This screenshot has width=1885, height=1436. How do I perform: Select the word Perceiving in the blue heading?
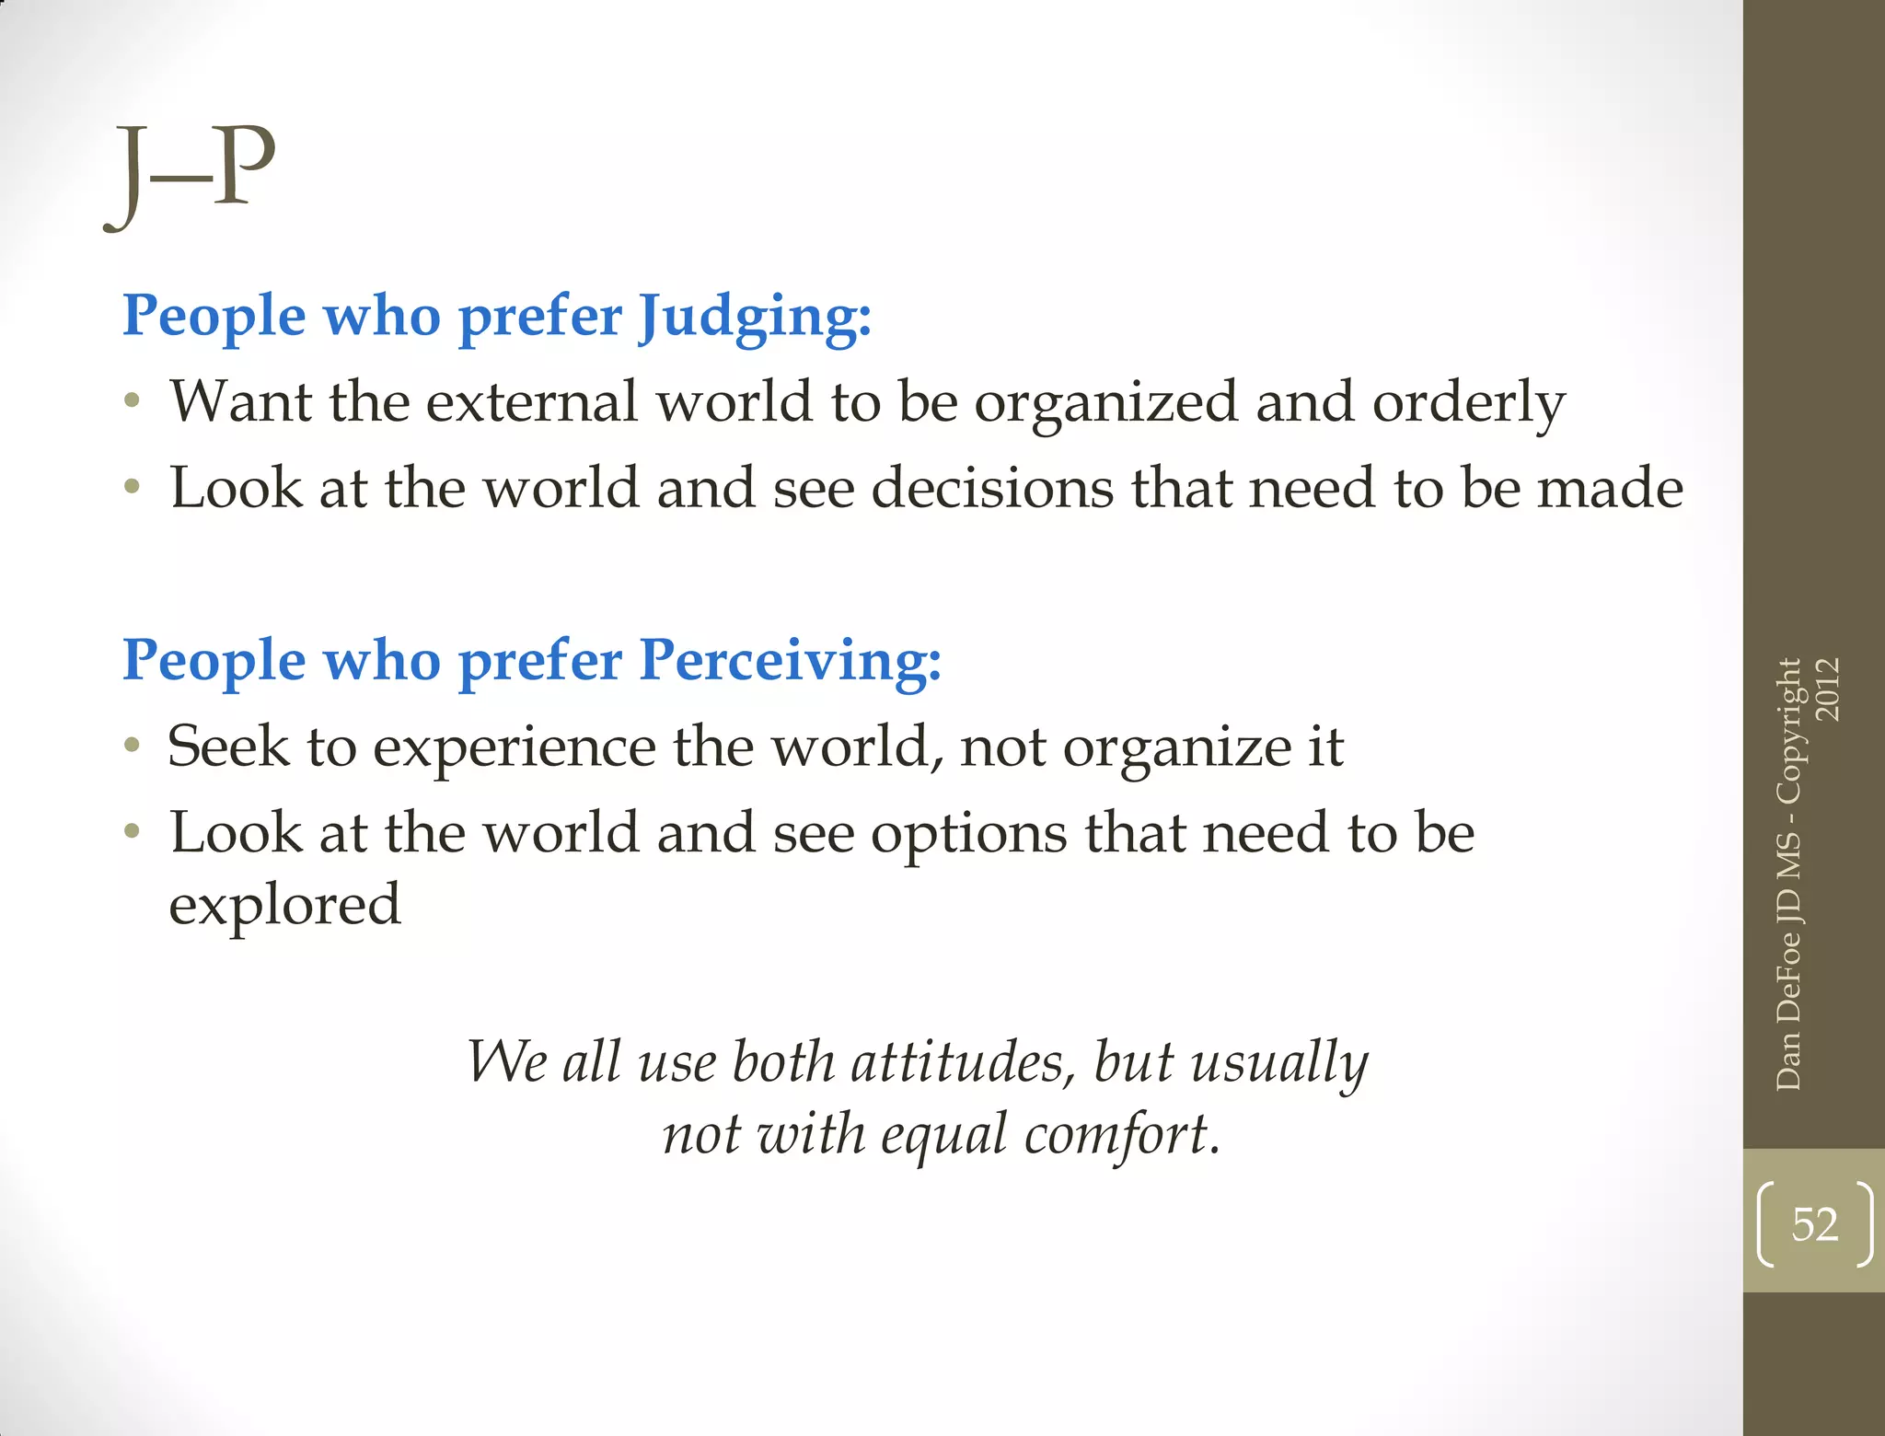pos(790,661)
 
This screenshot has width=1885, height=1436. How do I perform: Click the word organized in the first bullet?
pos(1105,403)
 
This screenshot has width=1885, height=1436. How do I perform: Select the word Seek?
pos(227,746)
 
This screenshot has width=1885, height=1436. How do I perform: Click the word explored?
pos(284,906)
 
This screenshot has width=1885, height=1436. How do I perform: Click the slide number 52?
pos(1814,1224)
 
